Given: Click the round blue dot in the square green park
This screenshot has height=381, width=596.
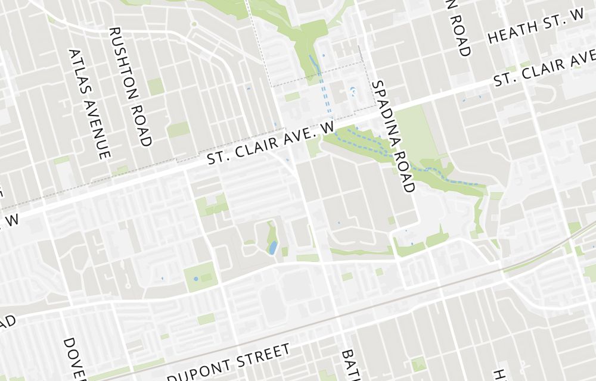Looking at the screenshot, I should click(195, 279).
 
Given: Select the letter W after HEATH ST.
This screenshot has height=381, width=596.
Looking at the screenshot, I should click(576, 19).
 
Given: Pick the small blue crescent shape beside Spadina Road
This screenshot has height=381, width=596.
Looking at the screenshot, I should click(353, 91).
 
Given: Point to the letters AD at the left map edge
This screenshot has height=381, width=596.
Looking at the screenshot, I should click(7, 322).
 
